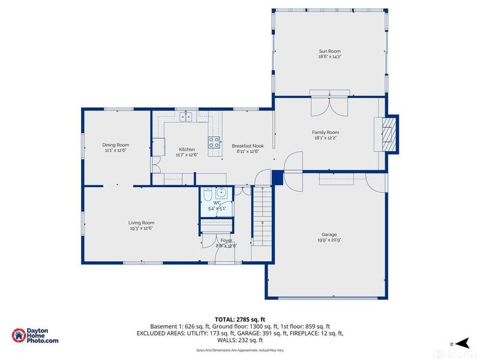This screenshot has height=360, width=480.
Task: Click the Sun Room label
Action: coord(330,52)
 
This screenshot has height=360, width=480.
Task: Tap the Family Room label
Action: coord(325,132)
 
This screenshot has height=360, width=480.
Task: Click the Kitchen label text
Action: coord(187,149)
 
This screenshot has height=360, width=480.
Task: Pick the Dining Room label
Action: coord(115,145)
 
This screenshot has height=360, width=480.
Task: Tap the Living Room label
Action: coord(141,223)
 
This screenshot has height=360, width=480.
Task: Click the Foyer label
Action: coord(226,240)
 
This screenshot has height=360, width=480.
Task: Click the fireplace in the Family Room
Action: coord(388,133)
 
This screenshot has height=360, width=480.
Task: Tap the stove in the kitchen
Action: coord(214,142)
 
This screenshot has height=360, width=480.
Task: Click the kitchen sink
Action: coord(186,116)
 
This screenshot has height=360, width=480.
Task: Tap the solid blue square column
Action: coord(277,178)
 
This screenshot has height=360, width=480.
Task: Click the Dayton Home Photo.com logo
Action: coord(36,336)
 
